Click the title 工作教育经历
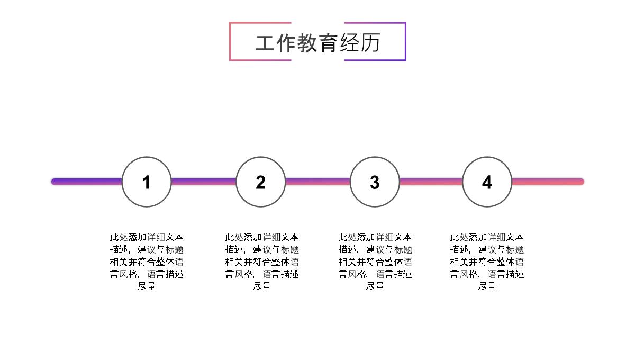[317, 43]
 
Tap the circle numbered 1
[147, 182]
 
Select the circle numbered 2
[260, 182]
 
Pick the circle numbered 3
[375, 182]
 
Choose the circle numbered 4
[487, 182]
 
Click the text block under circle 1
[147, 262]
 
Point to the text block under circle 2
[262, 262]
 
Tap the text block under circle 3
[375, 262]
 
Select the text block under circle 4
[487, 262]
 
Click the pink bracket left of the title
[230, 41]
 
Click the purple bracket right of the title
[405, 41]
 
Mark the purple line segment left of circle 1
[86, 182]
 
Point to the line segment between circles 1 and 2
[204, 182]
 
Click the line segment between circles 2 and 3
[317, 182]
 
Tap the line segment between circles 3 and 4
[431, 182]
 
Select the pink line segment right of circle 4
[548, 182]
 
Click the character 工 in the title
[265, 43]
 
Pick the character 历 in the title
[370, 43]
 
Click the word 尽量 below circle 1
[147, 286]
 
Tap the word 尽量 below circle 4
[487, 286]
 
